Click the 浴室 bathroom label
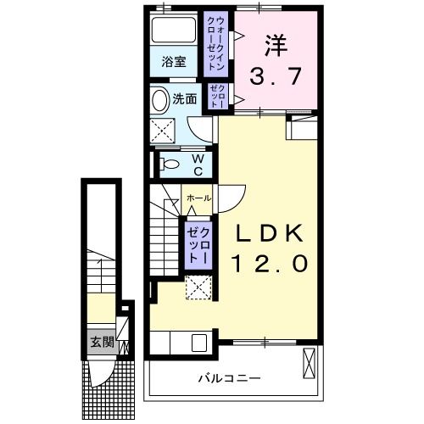pyautogui.click(x=175, y=61)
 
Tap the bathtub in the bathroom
pyautogui.click(x=176, y=31)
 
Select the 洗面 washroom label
pyautogui.click(x=185, y=98)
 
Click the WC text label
pyautogui.click(x=196, y=164)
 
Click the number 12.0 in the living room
pyautogui.click(x=265, y=264)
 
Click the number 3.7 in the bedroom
pyautogui.click(x=275, y=77)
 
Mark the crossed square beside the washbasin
pyautogui.click(x=163, y=130)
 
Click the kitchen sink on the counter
pyautogui.click(x=200, y=343)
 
